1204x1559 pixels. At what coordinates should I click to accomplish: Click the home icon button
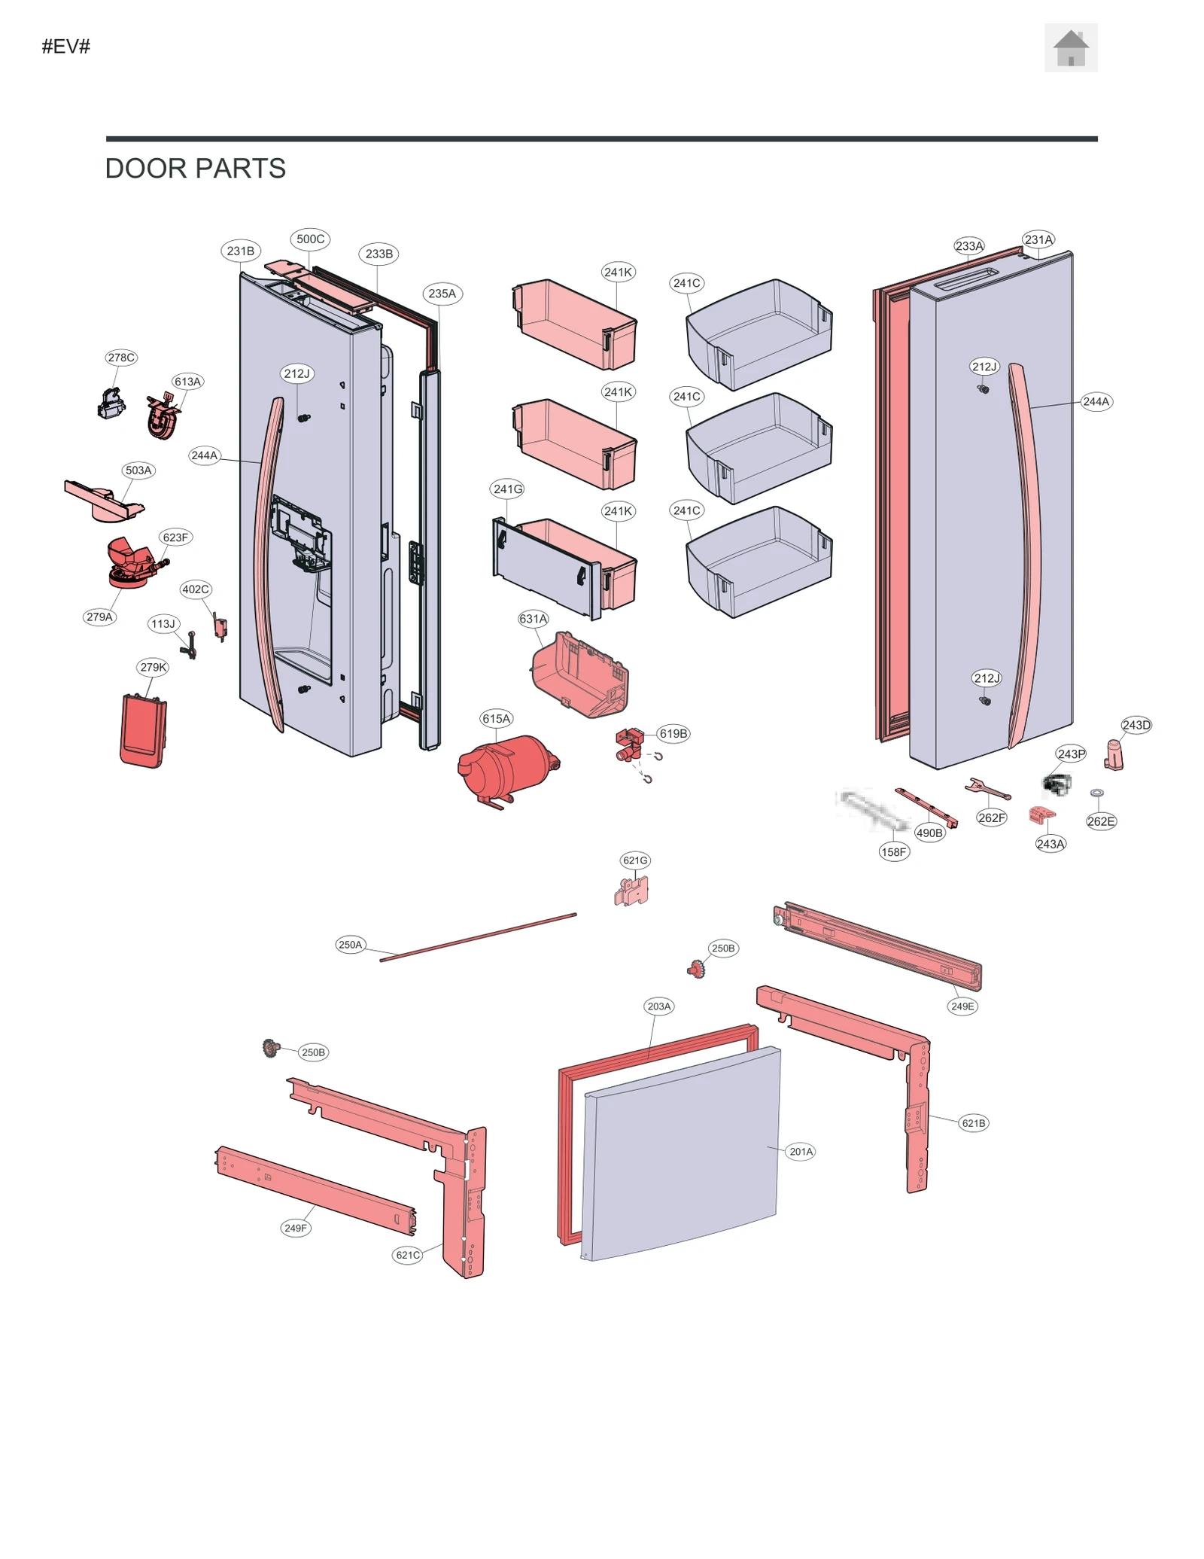(1070, 48)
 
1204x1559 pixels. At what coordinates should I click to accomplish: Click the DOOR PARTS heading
(195, 169)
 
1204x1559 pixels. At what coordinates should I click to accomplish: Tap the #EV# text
(66, 47)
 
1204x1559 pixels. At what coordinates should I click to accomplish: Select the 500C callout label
(310, 239)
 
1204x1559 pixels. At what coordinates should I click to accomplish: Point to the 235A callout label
(442, 294)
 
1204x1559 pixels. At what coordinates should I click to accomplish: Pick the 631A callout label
(533, 619)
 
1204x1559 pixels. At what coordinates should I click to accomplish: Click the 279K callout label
(154, 667)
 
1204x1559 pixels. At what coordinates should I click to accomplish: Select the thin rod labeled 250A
(478, 937)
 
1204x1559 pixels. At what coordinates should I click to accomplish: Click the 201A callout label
(801, 1152)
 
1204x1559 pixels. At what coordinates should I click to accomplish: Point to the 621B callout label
(973, 1123)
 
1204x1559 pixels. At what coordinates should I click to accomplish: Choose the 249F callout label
(295, 1228)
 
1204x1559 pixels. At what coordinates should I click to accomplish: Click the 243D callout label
(1136, 725)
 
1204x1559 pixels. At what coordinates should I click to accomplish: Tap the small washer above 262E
(1096, 793)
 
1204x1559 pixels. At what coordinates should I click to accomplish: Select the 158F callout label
(893, 852)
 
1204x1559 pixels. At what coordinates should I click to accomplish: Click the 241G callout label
(508, 489)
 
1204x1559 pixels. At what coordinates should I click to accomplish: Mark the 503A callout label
(138, 470)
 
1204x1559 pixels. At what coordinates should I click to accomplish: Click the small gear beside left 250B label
(270, 1048)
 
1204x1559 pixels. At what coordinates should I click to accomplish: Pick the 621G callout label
(635, 860)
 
